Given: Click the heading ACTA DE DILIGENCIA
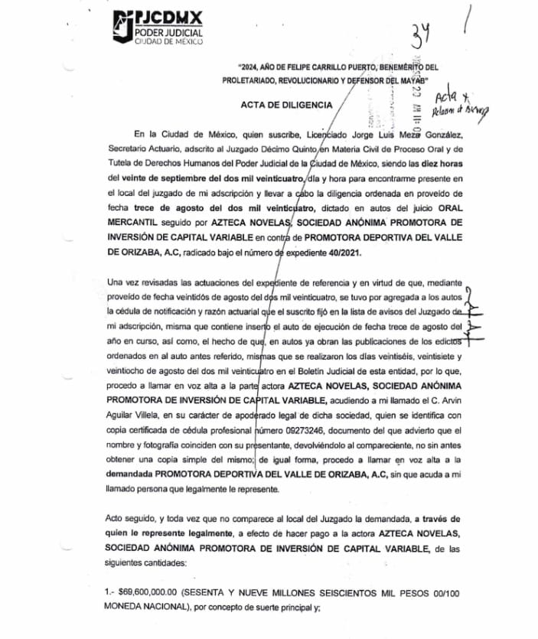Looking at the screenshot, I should tap(287, 105).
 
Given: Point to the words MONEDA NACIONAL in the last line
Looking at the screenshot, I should tap(150, 608).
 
